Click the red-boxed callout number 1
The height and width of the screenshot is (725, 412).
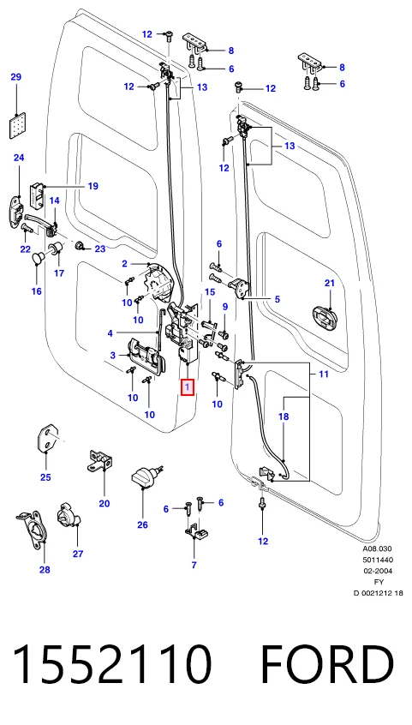click(x=188, y=386)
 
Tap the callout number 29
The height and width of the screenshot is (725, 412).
click(x=16, y=77)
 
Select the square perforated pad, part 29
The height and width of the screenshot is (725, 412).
click(x=16, y=125)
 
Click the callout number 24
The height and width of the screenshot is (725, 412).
click(x=19, y=159)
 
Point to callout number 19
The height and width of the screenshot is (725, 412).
click(x=93, y=186)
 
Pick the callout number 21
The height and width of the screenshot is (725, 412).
click(x=329, y=284)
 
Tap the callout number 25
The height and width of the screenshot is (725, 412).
click(x=45, y=477)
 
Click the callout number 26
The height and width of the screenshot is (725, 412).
click(x=142, y=524)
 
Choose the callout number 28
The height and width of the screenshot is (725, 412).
click(x=45, y=570)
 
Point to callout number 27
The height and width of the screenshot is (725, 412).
click(x=77, y=554)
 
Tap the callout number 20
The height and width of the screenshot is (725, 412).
click(x=104, y=504)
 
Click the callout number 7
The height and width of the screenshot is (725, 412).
click(x=194, y=565)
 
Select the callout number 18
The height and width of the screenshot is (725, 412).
click(x=284, y=416)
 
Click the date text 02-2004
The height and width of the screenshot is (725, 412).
click(x=377, y=571)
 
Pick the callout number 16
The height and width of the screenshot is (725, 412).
click(x=37, y=291)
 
